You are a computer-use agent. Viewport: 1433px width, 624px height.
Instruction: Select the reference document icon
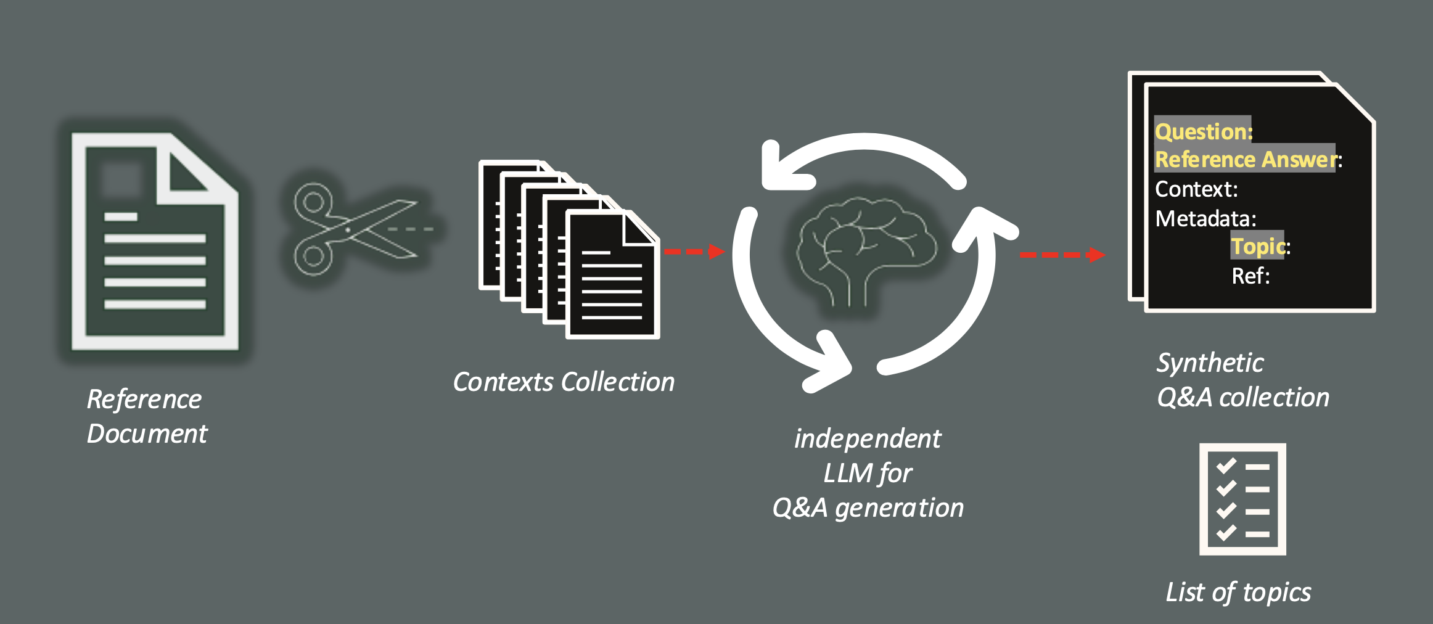tap(155, 242)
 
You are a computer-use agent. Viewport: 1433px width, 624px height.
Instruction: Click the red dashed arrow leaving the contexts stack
tap(694, 252)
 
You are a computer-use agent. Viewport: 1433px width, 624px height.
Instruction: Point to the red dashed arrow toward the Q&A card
tap(1061, 255)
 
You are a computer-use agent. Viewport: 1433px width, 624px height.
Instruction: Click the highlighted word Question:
tap(1203, 131)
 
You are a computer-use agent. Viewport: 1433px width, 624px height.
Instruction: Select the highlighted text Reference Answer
tap(1245, 159)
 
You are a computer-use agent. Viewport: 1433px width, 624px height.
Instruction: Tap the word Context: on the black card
tap(1196, 189)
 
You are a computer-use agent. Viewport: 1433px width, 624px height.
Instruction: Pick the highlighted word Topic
tap(1258, 247)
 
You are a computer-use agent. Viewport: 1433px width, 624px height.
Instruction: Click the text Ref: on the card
tap(1250, 276)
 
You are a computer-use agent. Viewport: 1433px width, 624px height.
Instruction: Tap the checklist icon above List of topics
tap(1242, 499)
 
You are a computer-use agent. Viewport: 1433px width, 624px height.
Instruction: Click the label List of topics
tap(1238, 592)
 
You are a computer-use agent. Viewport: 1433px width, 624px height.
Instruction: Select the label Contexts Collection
tap(564, 382)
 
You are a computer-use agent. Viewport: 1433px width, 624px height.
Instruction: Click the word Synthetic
tap(1210, 363)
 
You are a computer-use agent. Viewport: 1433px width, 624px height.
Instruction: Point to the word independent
tap(867, 439)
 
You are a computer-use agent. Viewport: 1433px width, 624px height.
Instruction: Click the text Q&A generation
tap(868, 508)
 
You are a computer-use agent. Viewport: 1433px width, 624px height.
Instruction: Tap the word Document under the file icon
tap(147, 433)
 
